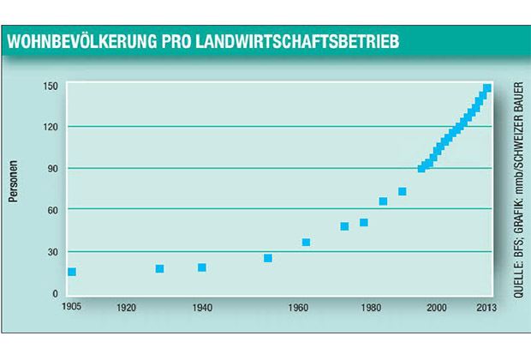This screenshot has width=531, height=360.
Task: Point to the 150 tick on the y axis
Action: tap(50, 86)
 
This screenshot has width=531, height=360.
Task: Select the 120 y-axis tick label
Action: tap(50, 127)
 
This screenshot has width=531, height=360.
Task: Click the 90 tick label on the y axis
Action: tap(51, 168)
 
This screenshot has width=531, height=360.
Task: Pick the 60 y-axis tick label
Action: tap(51, 209)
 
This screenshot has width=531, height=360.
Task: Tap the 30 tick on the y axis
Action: tap(51, 251)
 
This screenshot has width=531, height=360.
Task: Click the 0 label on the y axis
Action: tap(54, 293)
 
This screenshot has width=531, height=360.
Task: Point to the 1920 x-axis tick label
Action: tap(127, 306)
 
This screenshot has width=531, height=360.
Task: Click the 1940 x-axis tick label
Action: tap(203, 306)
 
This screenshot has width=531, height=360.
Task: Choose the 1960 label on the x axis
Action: tap(299, 306)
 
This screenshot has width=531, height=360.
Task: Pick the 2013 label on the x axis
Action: tap(485, 306)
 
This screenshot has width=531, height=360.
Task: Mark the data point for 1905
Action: tap(72, 272)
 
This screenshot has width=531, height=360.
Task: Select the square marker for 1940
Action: tap(202, 267)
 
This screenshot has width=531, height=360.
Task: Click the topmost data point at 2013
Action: tap(486, 88)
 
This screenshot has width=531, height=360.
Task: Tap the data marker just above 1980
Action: tap(364, 223)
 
